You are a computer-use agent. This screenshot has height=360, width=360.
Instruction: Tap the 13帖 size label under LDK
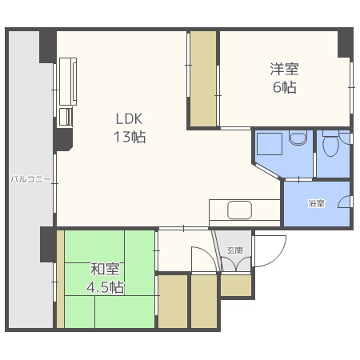pos(128,137)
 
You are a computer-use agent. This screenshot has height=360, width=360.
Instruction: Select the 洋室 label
pos(283,70)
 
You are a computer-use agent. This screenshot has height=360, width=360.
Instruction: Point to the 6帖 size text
pos(284,87)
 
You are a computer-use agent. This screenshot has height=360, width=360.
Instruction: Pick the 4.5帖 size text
pos(105,286)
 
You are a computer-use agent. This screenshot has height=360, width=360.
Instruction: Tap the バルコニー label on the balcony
pos(30,180)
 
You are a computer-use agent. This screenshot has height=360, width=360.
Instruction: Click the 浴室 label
pos(317,203)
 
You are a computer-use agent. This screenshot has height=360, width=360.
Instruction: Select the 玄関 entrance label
pos(234,250)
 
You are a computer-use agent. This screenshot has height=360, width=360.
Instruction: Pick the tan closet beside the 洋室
pos(203,78)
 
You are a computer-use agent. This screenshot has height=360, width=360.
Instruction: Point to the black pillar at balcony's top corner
pos(46,46)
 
